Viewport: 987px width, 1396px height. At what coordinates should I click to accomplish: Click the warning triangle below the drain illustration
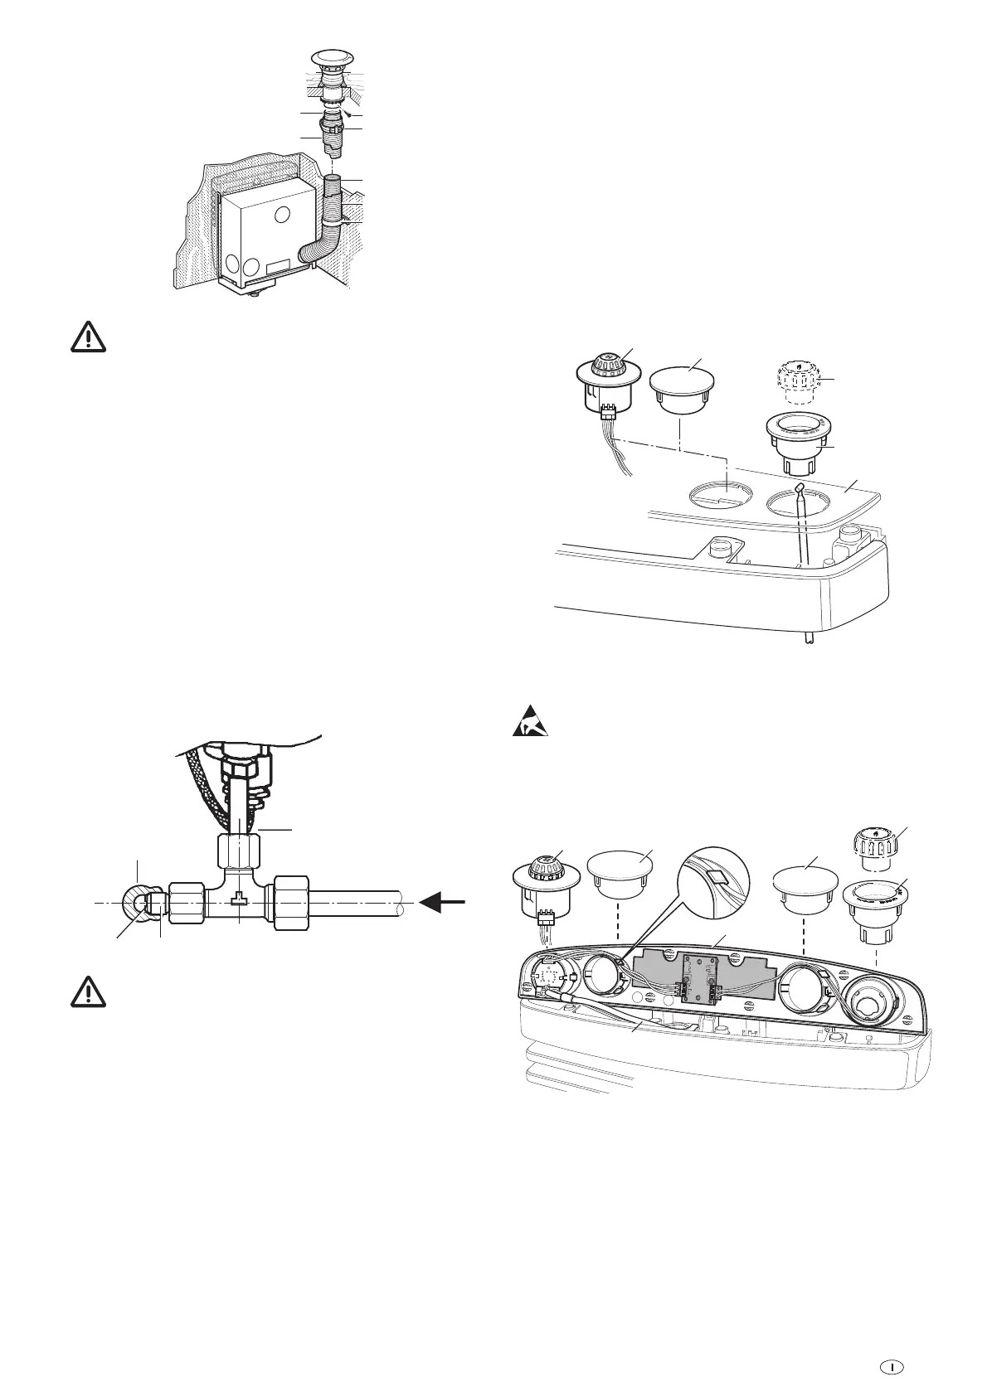click(85, 337)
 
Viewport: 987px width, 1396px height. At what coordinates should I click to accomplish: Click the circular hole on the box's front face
click(282, 216)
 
